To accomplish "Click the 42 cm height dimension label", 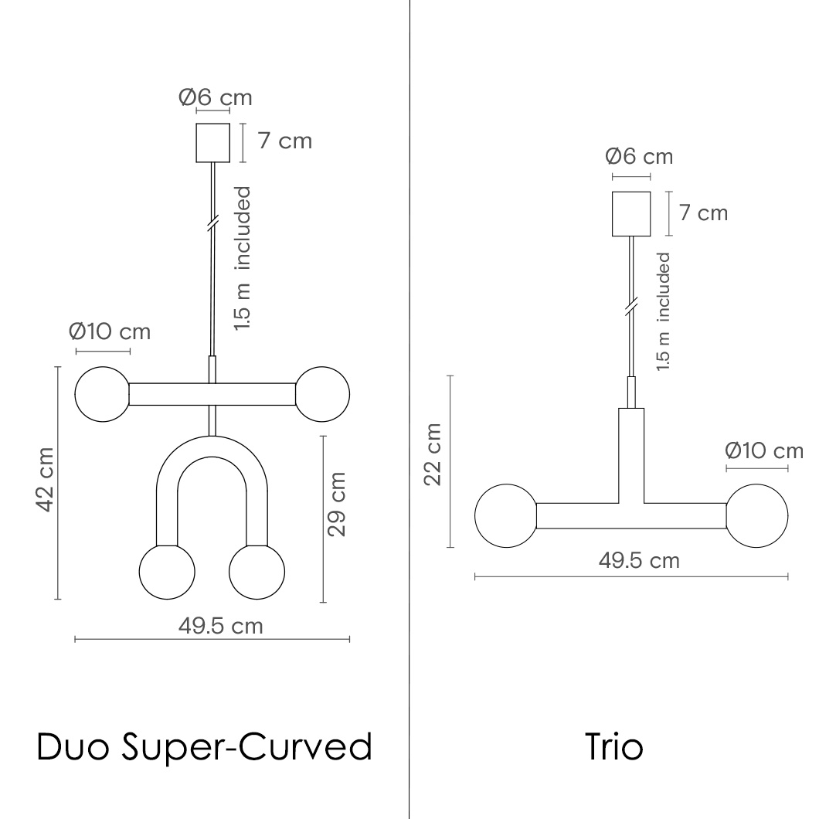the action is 45,480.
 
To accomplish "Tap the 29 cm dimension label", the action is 337,504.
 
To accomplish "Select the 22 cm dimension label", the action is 433,454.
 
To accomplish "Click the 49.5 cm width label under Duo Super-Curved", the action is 220,626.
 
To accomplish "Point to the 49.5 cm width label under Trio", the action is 639,560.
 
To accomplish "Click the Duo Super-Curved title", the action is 204,747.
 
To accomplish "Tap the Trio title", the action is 613,746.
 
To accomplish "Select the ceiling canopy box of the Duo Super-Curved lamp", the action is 212,143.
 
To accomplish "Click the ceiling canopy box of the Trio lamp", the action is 631,213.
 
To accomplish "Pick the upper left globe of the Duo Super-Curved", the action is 102,394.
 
